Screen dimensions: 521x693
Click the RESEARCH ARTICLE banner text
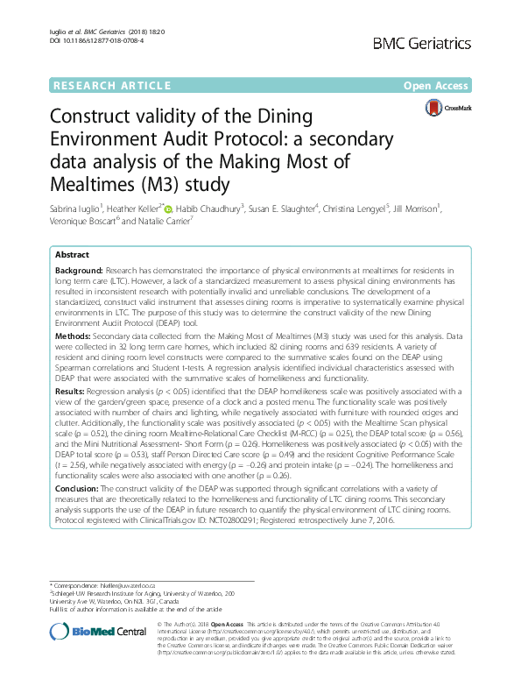112,86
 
